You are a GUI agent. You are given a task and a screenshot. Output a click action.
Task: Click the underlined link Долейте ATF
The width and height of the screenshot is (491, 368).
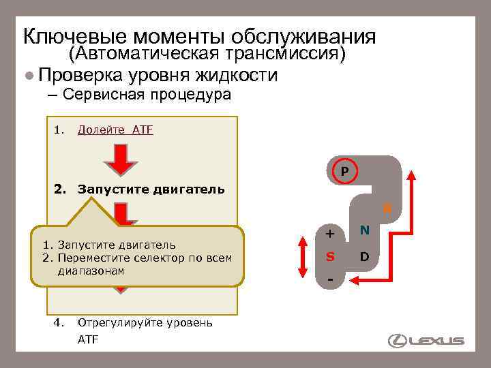[x=115, y=129]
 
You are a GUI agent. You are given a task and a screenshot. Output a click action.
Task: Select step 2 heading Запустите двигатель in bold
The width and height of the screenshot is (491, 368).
[x=151, y=188]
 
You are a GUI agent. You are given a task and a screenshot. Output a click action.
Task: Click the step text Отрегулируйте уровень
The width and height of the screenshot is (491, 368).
[x=145, y=322]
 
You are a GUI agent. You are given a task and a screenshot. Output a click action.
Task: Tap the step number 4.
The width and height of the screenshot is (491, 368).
[x=58, y=322]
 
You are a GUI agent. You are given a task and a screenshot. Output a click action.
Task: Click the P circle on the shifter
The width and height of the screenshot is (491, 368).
[x=345, y=170]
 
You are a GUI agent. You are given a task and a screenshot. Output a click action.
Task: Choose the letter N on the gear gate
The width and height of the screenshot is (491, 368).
[x=365, y=231]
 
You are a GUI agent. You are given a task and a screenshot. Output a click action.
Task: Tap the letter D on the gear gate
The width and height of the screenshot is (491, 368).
[x=364, y=258]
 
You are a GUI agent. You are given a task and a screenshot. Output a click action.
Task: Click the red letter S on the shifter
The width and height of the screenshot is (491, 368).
[x=330, y=258]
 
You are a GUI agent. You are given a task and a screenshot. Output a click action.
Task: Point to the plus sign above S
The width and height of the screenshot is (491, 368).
[x=330, y=234]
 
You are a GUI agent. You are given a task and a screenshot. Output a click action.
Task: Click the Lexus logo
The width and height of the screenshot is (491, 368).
[x=426, y=340]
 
